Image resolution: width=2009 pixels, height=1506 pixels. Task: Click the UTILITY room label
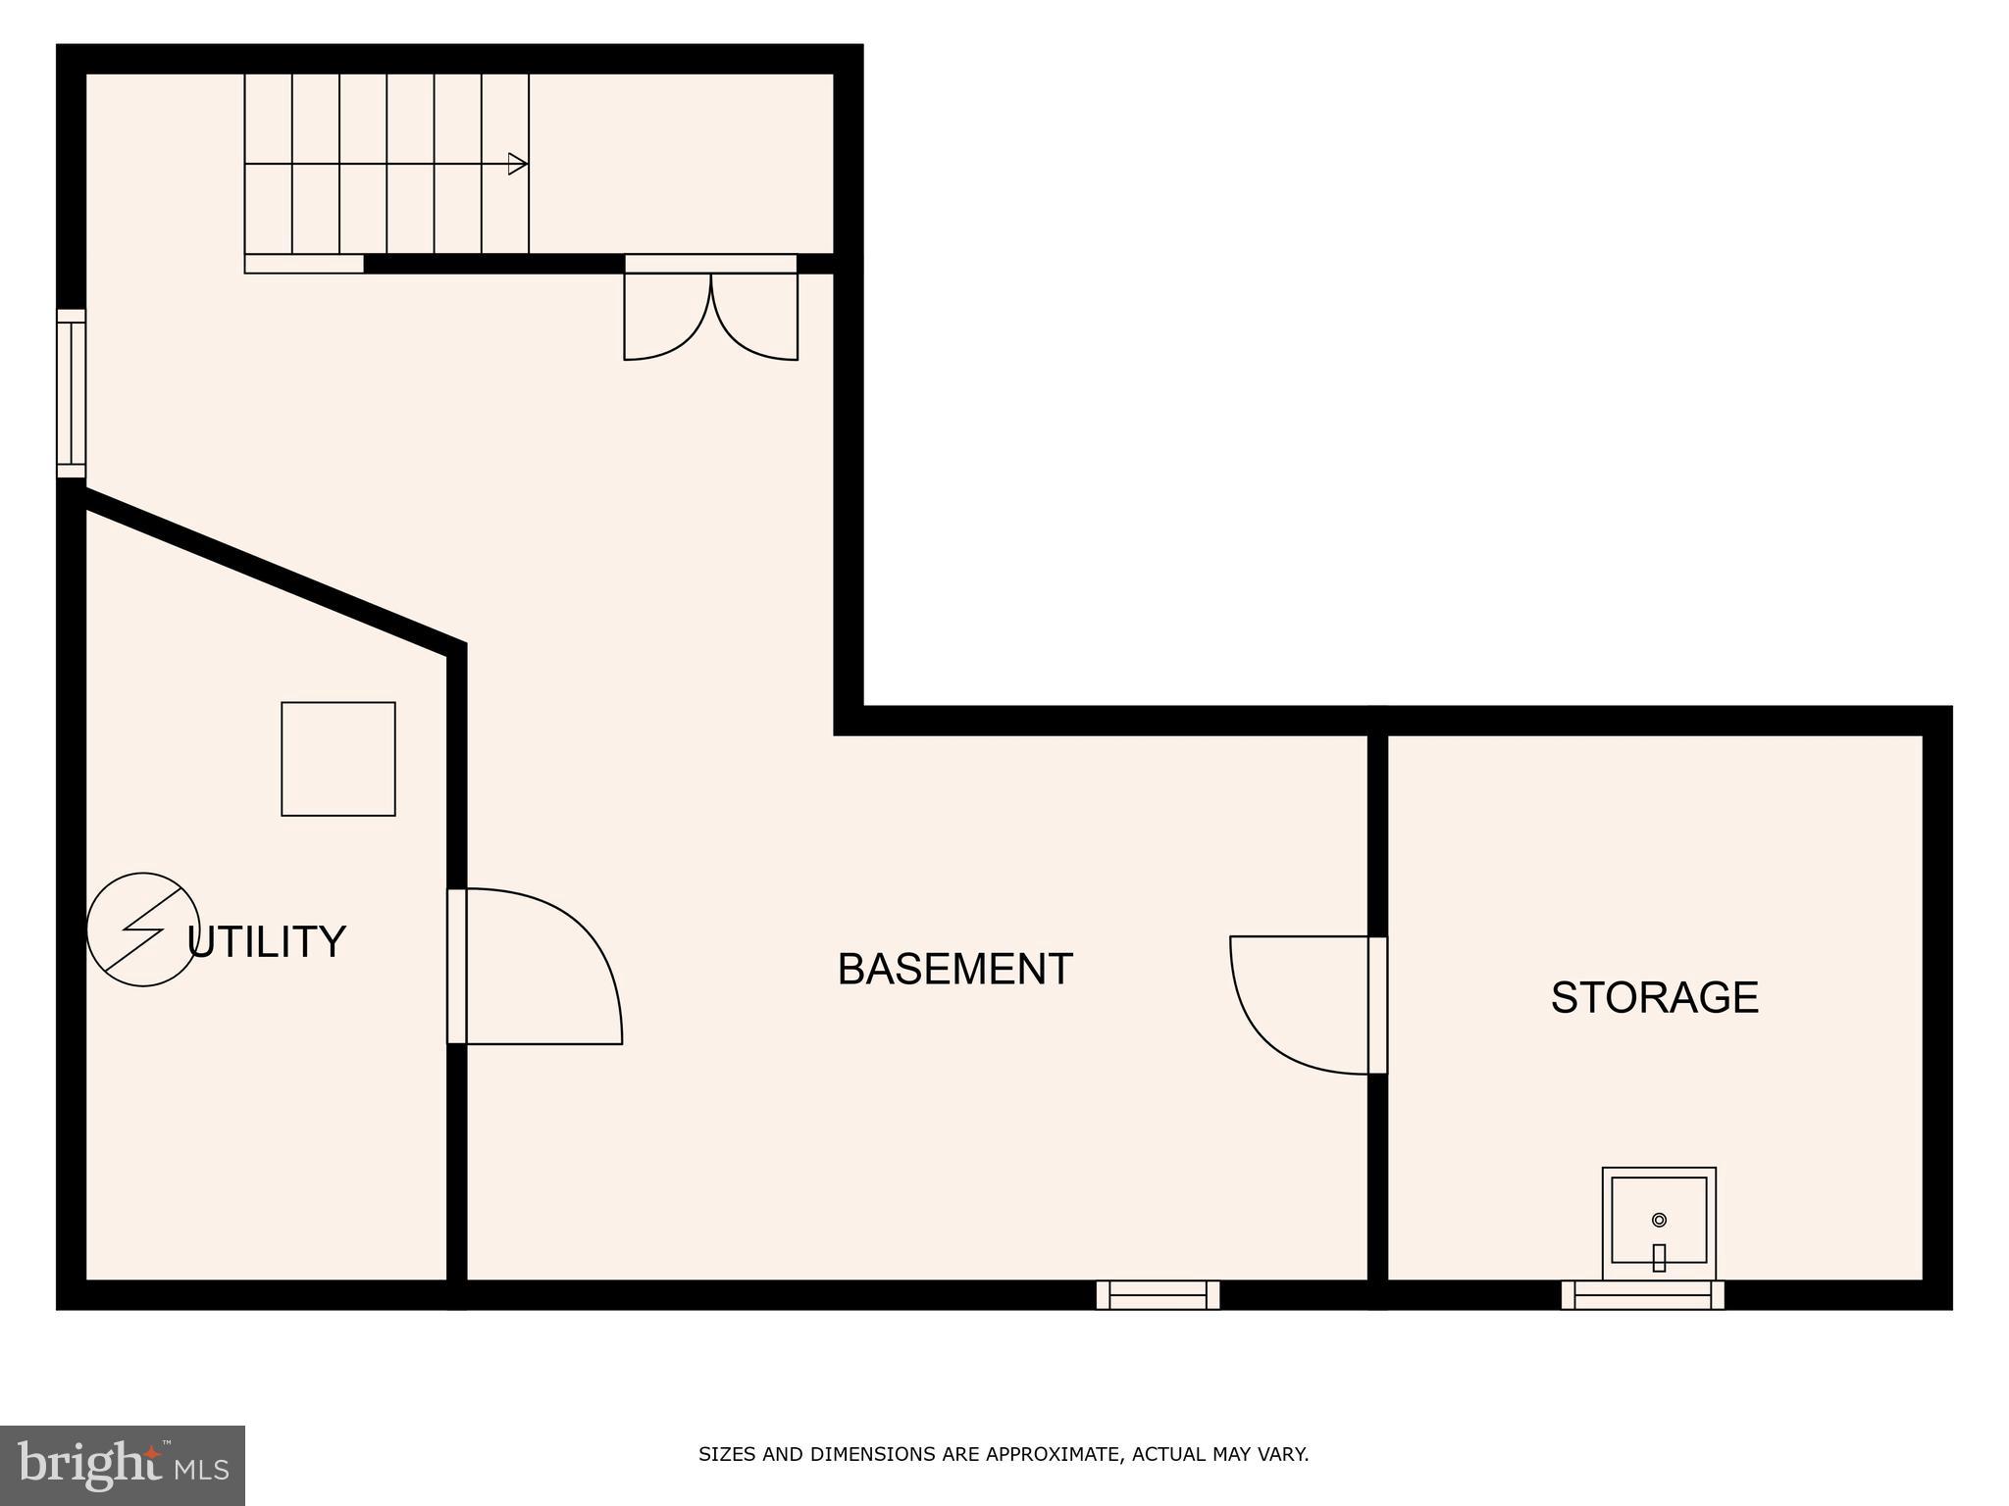[x=267, y=941]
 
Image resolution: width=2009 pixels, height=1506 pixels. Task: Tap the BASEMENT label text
[x=954, y=969]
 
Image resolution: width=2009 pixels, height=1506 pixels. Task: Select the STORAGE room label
[x=1654, y=997]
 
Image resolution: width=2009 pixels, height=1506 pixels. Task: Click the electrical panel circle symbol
[x=143, y=929]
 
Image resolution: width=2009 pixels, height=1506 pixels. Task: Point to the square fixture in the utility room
[x=338, y=758]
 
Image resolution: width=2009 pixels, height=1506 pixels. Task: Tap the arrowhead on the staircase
[x=517, y=164]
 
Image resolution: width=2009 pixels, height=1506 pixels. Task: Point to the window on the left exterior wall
[x=72, y=393]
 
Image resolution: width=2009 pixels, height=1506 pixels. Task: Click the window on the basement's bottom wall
[x=1158, y=1294]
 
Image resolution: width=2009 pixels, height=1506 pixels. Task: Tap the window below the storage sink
[x=1643, y=1294]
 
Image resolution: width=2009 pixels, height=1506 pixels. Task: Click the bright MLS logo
[x=123, y=1465]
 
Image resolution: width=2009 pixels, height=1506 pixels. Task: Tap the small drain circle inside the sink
[x=1659, y=1220]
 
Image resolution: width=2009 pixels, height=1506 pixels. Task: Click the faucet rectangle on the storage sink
[x=1659, y=1257]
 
